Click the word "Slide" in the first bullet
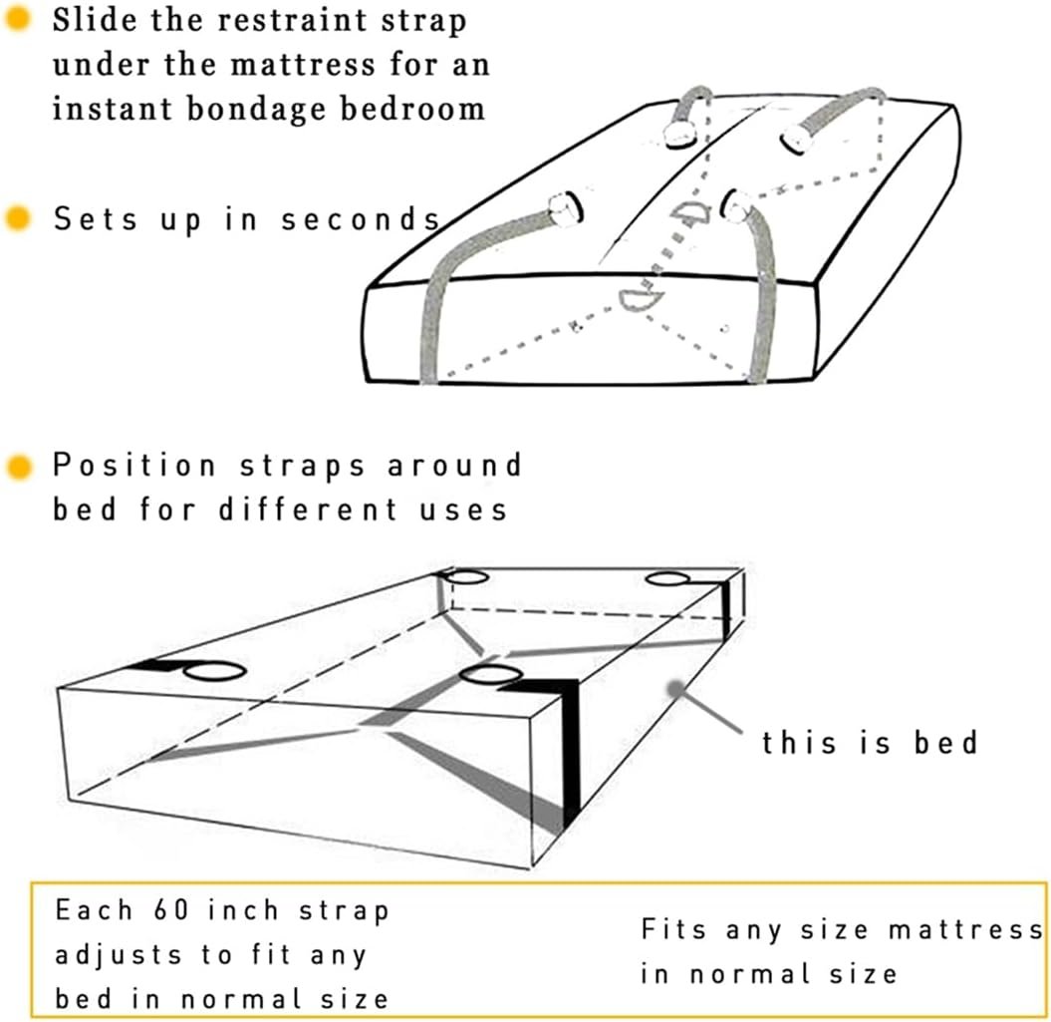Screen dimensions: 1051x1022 94,20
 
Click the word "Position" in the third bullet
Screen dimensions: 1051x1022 134,465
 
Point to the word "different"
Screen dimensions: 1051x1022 309,510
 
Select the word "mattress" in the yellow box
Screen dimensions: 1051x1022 966,929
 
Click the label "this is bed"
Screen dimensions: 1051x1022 870,743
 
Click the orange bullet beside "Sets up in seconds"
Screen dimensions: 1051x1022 17,218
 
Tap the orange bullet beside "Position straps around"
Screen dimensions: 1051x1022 19,467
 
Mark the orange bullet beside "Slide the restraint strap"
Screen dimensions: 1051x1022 17,19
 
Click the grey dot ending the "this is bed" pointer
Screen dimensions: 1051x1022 675,689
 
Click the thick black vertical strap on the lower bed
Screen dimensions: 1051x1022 570,755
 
